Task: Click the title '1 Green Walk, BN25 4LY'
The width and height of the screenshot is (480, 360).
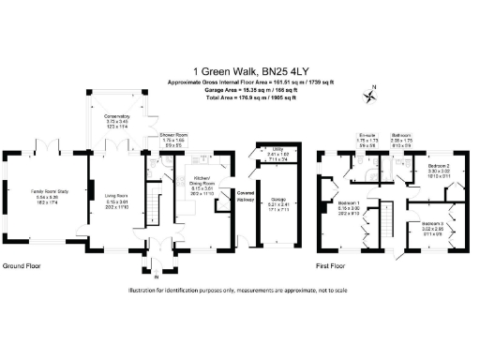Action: pyautogui.click(x=240, y=69)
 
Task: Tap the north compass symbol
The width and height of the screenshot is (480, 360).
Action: pyautogui.click(x=372, y=93)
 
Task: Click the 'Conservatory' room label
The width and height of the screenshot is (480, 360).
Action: pyautogui.click(x=116, y=117)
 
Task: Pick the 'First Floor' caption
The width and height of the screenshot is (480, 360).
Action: pyautogui.click(x=335, y=265)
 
